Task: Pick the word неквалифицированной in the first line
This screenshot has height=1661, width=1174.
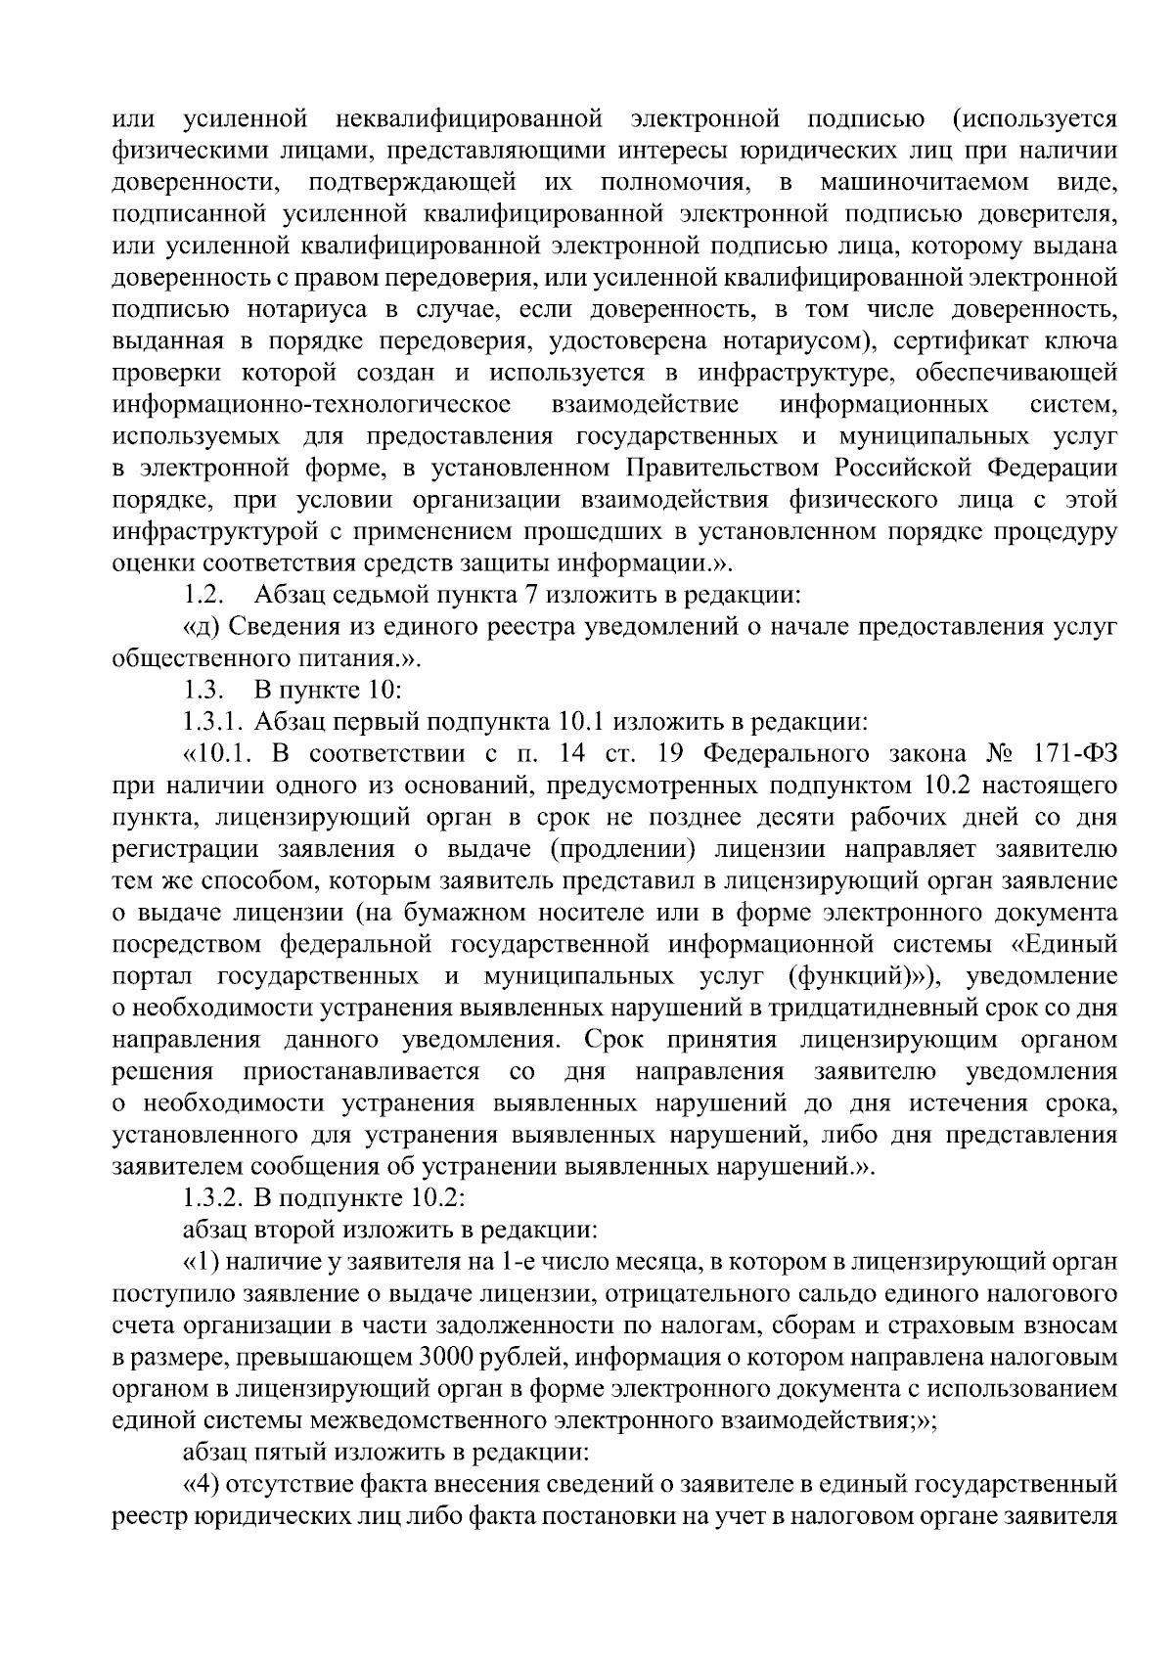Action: (x=469, y=118)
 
